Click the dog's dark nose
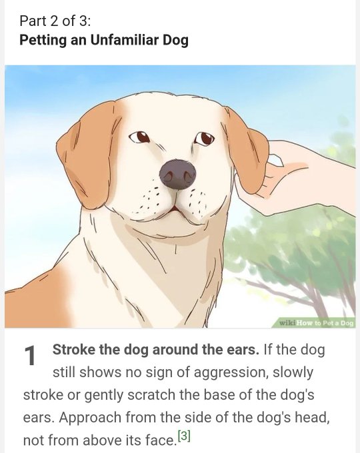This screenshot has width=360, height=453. [x=177, y=175]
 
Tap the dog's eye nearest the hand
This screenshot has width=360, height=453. [x=205, y=139]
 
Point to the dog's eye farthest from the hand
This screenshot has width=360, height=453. [x=139, y=137]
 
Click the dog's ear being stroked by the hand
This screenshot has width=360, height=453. [x=247, y=151]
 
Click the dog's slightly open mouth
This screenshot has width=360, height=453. [x=174, y=209]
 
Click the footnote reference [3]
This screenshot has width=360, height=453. [x=184, y=436]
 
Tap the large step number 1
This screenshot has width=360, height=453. [x=30, y=355]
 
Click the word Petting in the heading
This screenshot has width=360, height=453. [x=43, y=41]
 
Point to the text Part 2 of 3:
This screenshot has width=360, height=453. [x=55, y=21]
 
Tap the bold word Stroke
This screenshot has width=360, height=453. [x=74, y=350]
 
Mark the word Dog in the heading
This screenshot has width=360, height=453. [x=175, y=41]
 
